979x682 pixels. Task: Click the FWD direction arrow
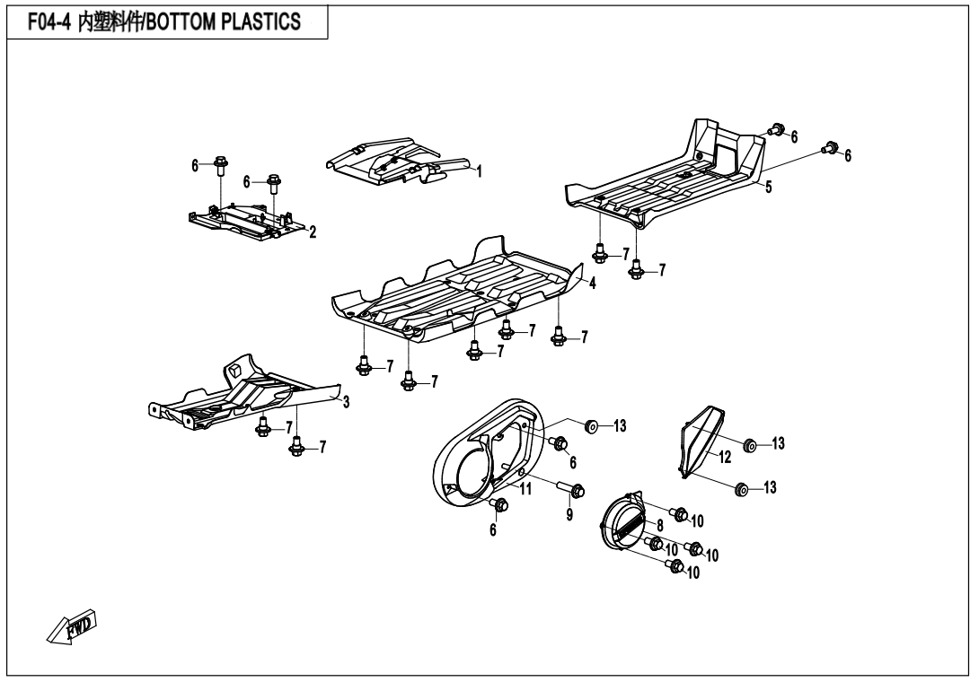coord(72,627)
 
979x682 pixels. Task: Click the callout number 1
coord(479,171)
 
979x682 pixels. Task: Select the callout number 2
coord(313,232)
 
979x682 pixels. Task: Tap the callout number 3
coord(346,402)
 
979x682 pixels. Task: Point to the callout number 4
coord(592,284)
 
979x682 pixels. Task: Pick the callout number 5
coord(769,187)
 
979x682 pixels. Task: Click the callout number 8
coord(659,525)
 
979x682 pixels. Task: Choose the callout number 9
coord(569,515)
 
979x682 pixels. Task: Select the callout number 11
coord(525,488)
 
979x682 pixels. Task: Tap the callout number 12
coord(724,458)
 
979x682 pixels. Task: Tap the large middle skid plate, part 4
coord(457,291)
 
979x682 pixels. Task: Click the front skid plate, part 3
coord(244,393)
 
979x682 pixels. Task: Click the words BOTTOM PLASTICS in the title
coord(224,22)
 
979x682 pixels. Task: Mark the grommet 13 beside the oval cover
coord(590,426)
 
